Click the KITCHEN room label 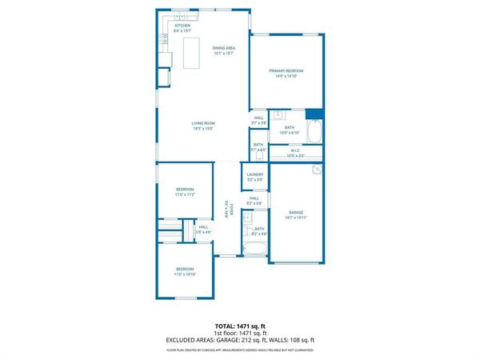[183, 26]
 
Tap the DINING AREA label [224, 49]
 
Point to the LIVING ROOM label [202, 122]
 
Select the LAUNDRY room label [255, 174]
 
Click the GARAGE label [296, 212]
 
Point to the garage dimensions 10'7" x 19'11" [296, 218]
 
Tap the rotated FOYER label [226, 207]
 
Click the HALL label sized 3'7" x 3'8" [259, 118]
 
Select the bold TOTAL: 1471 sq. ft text [240, 326]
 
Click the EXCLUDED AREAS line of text [240, 340]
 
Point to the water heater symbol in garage [318, 170]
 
